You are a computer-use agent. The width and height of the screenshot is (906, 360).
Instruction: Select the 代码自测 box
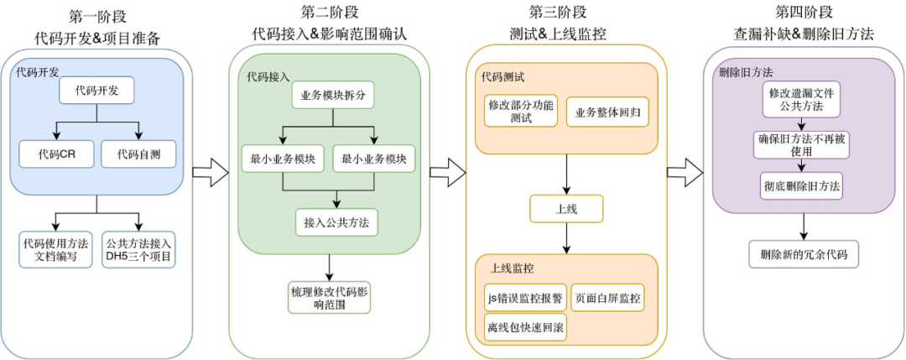(x=138, y=154)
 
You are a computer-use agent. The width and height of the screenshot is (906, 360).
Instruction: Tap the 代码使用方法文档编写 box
(x=56, y=250)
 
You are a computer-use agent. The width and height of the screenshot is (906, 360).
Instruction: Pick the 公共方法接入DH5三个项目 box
(x=138, y=250)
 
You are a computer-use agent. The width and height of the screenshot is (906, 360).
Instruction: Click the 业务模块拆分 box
(x=332, y=95)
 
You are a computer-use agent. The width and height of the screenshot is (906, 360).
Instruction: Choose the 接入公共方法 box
(x=336, y=222)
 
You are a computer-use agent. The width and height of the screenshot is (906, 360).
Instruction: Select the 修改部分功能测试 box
(x=520, y=112)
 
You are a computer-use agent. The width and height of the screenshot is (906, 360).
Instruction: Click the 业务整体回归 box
(x=607, y=112)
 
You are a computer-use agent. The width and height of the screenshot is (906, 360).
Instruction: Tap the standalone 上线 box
(x=566, y=208)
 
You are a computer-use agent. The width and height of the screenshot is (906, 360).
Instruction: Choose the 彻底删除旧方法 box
(x=803, y=185)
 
